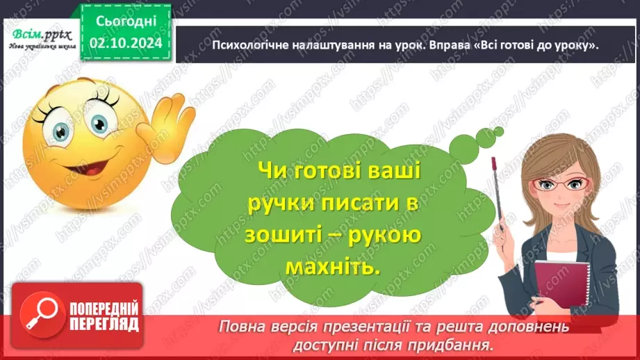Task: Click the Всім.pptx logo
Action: [x=39, y=33]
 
